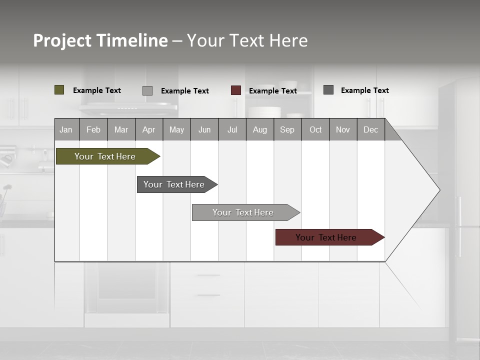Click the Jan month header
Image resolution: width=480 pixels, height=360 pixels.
(66, 130)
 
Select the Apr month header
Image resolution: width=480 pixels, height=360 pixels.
(149, 130)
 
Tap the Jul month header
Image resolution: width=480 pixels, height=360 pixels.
(232, 130)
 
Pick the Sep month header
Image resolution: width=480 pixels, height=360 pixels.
(287, 130)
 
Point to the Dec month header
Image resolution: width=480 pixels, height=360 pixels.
(370, 130)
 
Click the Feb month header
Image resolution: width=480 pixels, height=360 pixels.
(93, 130)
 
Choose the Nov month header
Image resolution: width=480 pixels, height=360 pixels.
(343, 130)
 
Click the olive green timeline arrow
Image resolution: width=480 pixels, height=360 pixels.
(105, 156)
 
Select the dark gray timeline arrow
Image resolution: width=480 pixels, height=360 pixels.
(174, 184)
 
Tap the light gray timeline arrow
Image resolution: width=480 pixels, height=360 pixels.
(243, 212)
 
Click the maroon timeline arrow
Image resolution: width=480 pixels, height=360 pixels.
(326, 237)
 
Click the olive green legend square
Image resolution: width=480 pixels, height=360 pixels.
(59, 90)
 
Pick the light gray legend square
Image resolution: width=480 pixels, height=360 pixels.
(147, 90)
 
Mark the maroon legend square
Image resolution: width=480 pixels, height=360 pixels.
(236, 90)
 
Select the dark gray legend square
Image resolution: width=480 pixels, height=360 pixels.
(328, 90)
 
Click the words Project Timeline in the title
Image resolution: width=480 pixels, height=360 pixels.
(100, 40)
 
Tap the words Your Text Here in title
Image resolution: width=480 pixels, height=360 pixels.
(247, 40)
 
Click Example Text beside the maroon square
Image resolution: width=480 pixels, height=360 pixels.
(273, 91)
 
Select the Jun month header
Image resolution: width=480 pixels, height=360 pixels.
(204, 130)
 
